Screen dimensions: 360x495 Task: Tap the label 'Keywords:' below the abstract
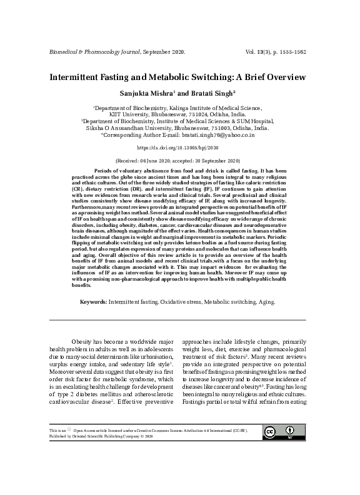93,301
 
